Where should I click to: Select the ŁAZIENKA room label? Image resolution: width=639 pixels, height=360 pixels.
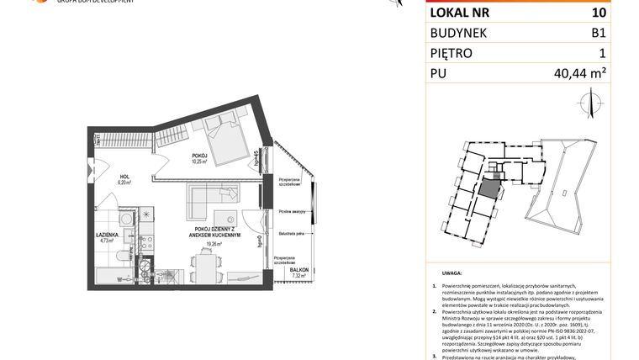coord(107,235)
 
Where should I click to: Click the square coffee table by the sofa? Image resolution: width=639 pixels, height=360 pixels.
coord(224,215)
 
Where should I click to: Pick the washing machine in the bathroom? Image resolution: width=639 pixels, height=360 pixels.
coord(126,220)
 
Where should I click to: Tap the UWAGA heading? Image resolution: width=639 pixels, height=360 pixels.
coord(453,273)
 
